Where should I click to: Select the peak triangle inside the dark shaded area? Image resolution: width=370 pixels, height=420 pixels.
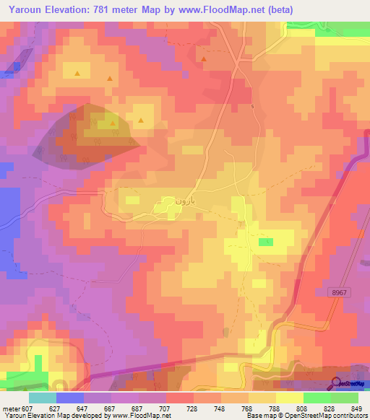113,123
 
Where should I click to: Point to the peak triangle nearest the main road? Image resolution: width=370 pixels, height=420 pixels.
204,59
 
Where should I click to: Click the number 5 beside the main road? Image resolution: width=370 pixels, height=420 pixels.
253,107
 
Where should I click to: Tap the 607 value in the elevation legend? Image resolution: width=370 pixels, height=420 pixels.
27,408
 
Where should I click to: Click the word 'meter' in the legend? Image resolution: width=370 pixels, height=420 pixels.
10,408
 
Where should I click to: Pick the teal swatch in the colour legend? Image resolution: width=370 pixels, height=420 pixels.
42,398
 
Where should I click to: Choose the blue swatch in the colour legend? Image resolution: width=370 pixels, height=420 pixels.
69,398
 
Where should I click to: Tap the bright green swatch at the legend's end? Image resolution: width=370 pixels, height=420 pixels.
345,398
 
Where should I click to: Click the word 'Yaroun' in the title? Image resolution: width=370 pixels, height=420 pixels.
24,9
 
